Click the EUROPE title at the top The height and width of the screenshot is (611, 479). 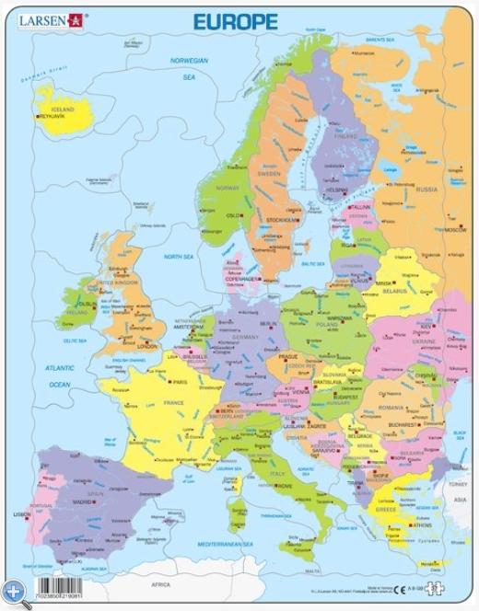tap(235, 21)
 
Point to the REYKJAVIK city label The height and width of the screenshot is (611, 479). tap(54, 117)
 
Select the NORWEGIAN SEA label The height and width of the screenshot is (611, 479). tap(188, 68)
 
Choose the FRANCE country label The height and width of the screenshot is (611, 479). tap(173, 402)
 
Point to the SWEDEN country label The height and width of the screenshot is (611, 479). tap(268, 172)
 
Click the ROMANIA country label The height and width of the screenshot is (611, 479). tap(391, 407)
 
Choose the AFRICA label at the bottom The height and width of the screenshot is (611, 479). tap(162, 583)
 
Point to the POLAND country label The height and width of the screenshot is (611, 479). tap(329, 325)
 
